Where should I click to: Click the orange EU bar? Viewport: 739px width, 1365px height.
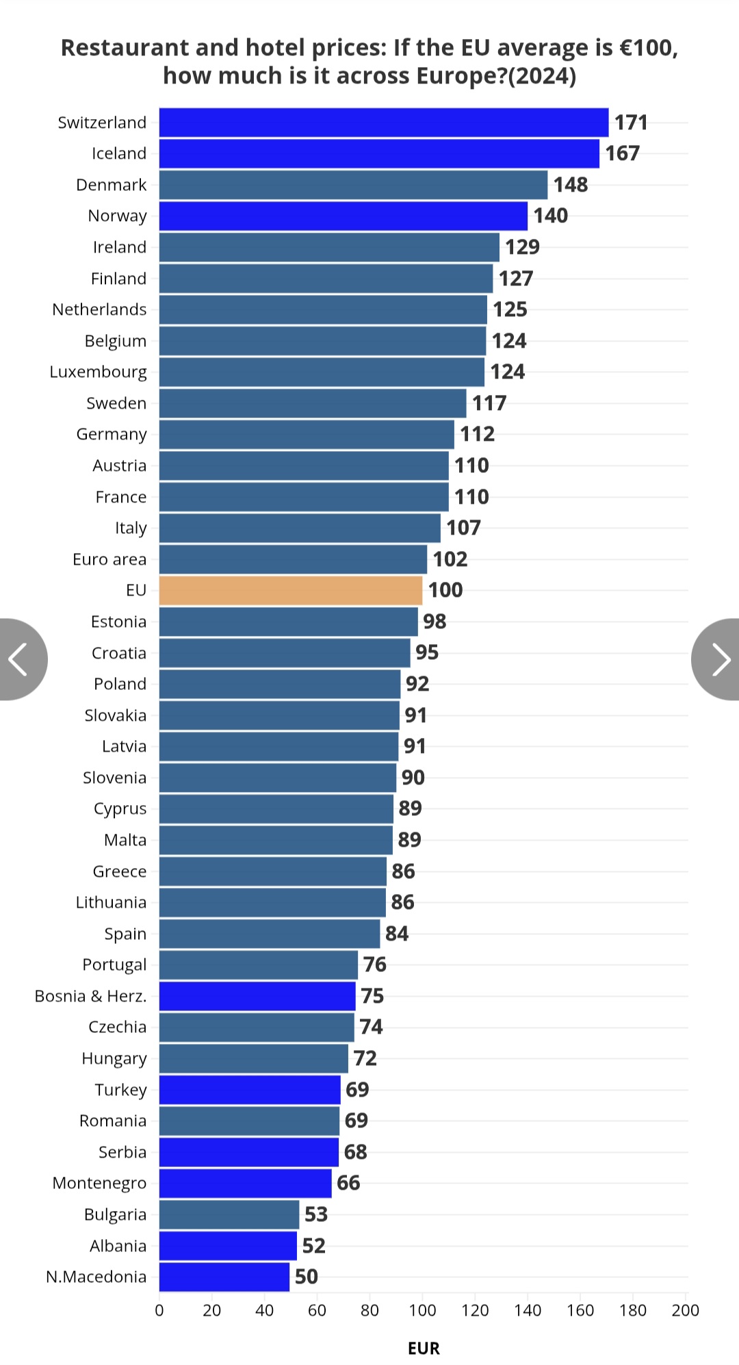point(291,590)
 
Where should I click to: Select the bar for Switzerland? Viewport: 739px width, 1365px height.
point(383,123)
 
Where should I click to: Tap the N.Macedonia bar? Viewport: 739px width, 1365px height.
point(224,1277)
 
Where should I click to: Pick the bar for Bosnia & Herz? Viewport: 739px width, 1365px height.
point(257,996)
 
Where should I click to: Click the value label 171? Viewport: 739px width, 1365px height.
point(631,123)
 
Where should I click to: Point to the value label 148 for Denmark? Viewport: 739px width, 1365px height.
point(571,185)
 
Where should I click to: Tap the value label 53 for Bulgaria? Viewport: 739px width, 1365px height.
point(316,1214)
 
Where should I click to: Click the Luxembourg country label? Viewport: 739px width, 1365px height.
point(98,372)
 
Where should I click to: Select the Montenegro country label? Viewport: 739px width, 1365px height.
point(99,1183)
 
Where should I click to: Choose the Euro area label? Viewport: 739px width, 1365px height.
point(109,559)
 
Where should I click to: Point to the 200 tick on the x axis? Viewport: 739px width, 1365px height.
point(685,1310)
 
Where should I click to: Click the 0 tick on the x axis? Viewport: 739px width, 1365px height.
point(159,1310)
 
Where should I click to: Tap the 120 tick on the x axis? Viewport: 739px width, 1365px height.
point(475,1310)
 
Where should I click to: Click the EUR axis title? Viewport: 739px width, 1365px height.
point(424,1348)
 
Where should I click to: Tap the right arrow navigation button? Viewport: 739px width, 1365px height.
point(717,659)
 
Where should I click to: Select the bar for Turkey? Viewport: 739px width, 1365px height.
point(250,1090)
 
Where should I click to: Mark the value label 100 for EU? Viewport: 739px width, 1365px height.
point(445,590)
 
